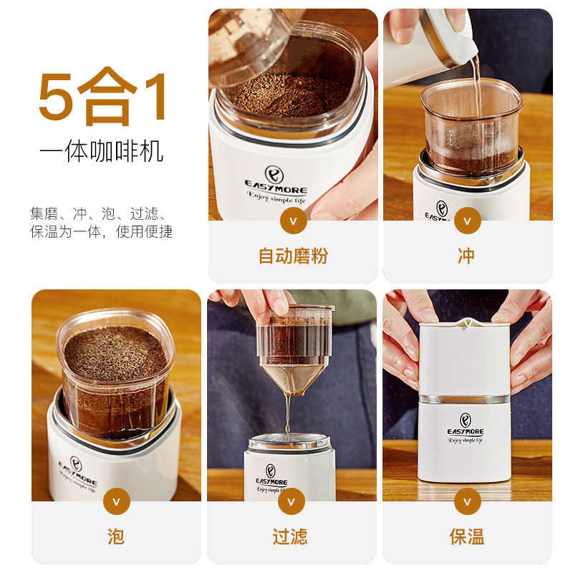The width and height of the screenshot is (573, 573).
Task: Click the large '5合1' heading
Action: [x=102, y=97]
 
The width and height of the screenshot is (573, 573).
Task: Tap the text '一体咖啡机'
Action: [x=101, y=151]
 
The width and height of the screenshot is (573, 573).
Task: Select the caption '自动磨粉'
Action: [x=293, y=256]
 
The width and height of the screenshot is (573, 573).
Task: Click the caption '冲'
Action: [x=467, y=256]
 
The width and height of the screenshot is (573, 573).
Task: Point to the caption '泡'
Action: [x=116, y=536]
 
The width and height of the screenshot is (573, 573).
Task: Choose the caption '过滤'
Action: [x=290, y=536]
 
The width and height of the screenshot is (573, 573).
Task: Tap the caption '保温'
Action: [x=467, y=536]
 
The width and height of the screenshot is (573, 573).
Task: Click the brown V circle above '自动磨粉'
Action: [x=293, y=221]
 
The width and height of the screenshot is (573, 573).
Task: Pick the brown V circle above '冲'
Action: [x=468, y=221]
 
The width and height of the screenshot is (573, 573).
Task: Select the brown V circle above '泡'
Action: [x=117, y=501]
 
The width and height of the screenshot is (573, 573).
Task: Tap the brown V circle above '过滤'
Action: [x=292, y=501]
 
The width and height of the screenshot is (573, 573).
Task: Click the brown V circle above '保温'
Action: [x=468, y=501]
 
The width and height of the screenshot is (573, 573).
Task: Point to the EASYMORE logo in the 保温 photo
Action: [x=466, y=428]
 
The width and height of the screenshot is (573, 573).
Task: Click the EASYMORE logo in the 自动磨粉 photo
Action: [x=276, y=185]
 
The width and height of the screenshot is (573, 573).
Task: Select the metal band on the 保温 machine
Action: [x=464, y=399]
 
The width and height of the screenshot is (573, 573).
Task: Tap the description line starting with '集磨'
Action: [x=99, y=213]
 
